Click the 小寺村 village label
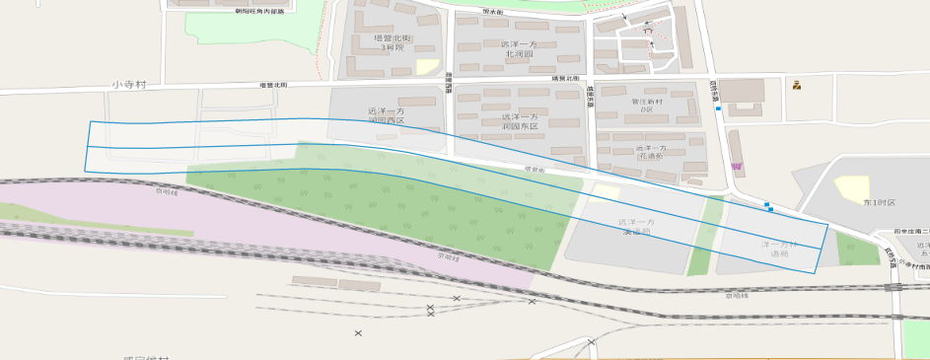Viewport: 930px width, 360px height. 128,86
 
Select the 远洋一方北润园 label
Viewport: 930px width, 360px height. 517,49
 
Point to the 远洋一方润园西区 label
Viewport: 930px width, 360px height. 386,116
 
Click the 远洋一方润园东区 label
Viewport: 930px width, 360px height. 520,121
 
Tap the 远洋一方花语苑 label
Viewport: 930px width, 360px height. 651,152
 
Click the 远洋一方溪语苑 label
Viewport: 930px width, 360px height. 636,227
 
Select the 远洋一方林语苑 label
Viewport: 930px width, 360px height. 780,248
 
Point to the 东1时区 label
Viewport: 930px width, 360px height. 877,202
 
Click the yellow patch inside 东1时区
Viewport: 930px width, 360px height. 851,187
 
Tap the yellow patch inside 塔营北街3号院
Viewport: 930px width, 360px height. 426,66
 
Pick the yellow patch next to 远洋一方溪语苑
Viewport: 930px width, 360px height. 606,192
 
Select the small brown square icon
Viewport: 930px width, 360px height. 796,85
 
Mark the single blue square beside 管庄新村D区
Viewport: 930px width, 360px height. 718,108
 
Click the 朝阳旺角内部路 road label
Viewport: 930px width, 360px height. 259,12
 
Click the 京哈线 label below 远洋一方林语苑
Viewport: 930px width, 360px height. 738,294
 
